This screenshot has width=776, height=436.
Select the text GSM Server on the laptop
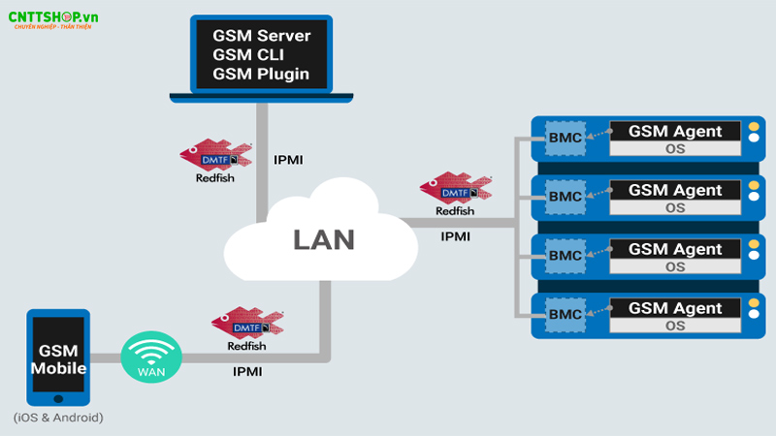click(261, 36)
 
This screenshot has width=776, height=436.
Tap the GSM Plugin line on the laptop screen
click(261, 74)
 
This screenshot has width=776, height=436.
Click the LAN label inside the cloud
click(324, 239)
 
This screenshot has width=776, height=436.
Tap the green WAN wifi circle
click(150, 358)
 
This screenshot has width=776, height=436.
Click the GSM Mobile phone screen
click(59, 359)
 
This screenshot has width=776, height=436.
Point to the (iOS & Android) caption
click(58, 418)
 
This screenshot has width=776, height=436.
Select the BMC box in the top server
click(565, 138)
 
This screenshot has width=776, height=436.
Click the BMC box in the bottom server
click(565, 314)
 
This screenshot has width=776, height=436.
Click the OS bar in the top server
click(675, 149)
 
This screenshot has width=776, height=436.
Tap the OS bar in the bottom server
click(675, 327)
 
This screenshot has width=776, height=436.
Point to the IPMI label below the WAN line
click(249, 371)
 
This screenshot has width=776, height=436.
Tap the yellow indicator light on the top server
click(753, 129)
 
